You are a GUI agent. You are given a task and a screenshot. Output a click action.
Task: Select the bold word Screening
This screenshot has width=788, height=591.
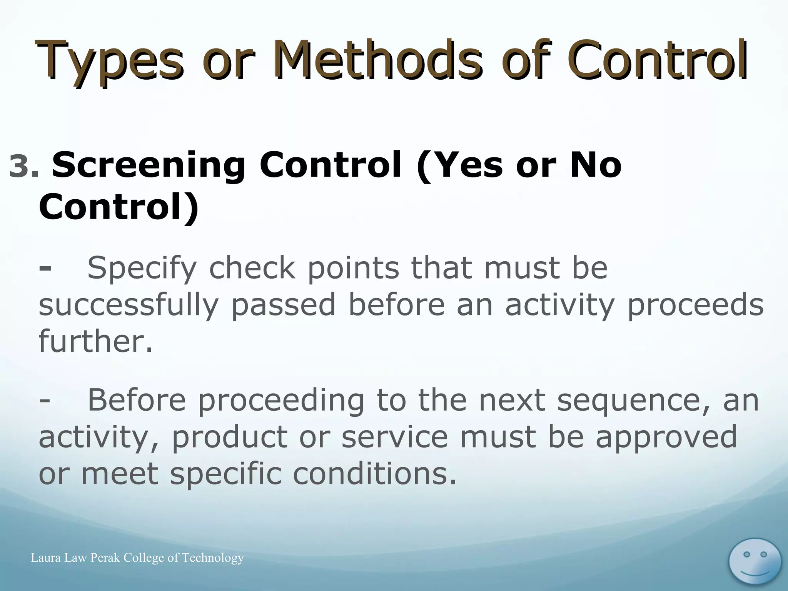point(149,166)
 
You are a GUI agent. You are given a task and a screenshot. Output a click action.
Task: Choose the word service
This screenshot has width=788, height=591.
point(394,437)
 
